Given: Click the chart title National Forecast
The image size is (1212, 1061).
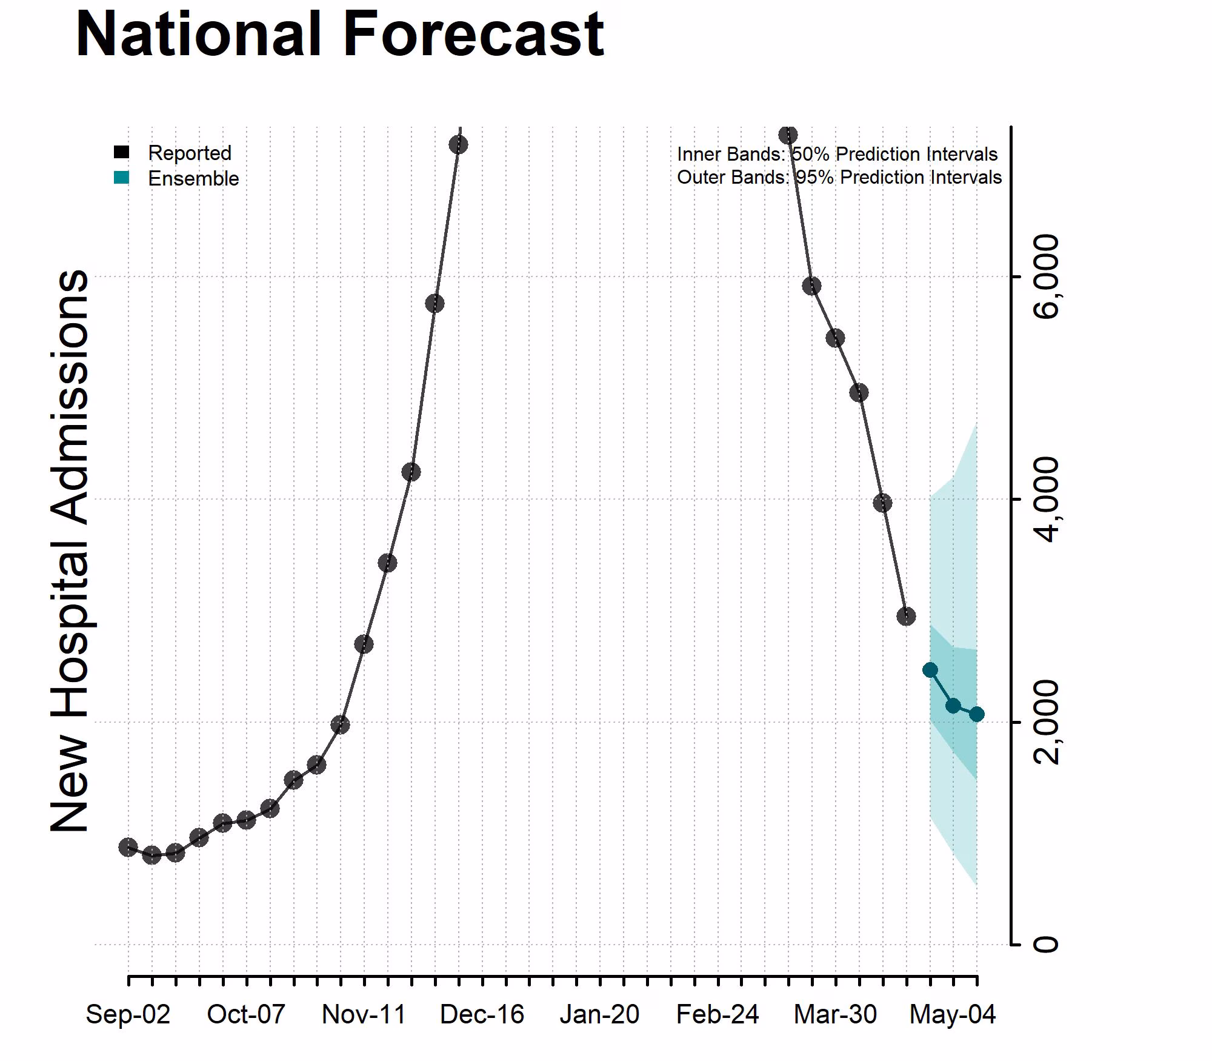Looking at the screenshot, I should click(339, 35).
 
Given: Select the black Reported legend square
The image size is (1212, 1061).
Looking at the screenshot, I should click(122, 152).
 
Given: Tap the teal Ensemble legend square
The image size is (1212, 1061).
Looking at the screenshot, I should click(122, 178).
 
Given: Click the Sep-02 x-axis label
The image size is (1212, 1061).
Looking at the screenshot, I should click(128, 1014).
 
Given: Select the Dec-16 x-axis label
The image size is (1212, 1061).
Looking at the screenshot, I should click(482, 1014).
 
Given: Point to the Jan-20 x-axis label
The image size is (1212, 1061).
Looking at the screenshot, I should click(599, 1014).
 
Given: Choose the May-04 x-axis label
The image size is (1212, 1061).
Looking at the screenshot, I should click(953, 1014).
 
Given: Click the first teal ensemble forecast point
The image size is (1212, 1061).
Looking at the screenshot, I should click(930, 670).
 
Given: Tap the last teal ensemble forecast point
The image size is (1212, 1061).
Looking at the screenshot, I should click(976, 714).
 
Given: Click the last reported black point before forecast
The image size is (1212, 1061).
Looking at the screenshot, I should click(906, 617).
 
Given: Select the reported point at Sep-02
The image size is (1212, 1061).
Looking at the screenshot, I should click(128, 847).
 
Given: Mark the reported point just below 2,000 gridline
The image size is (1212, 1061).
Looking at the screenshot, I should click(341, 724).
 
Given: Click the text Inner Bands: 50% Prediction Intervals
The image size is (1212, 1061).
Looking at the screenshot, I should click(837, 154).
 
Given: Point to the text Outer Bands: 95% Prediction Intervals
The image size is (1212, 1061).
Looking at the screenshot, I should click(839, 177).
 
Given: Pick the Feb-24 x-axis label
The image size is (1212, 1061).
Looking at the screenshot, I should click(718, 1014).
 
